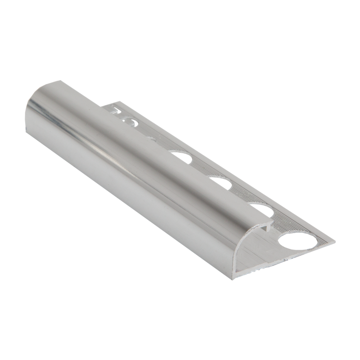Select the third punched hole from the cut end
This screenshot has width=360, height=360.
pos(221,182)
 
